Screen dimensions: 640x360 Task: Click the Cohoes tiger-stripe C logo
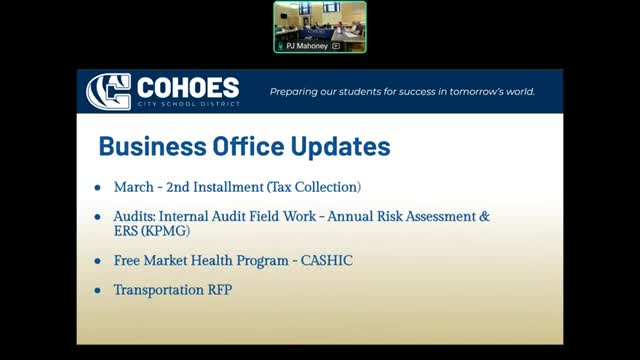pos(109,91)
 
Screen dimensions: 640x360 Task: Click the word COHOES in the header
pos(188,87)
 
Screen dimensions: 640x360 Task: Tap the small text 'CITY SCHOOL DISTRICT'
pos(189,104)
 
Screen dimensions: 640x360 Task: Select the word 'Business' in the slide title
pos(153,146)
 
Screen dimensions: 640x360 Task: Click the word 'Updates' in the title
pos(340,147)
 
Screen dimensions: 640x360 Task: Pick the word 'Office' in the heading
pos(248,146)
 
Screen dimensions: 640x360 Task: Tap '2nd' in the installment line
pos(178,187)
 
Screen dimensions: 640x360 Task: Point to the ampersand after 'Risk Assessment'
pos(484,216)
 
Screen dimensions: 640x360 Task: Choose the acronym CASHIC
pos(327,260)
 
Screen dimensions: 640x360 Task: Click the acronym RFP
pos(220,290)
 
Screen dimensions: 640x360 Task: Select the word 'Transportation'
pos(159,290)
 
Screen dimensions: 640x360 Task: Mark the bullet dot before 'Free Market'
pos(98,261)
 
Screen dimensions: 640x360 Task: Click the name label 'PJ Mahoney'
pos(307,46)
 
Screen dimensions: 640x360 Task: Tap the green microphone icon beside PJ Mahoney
pos(280,46)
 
